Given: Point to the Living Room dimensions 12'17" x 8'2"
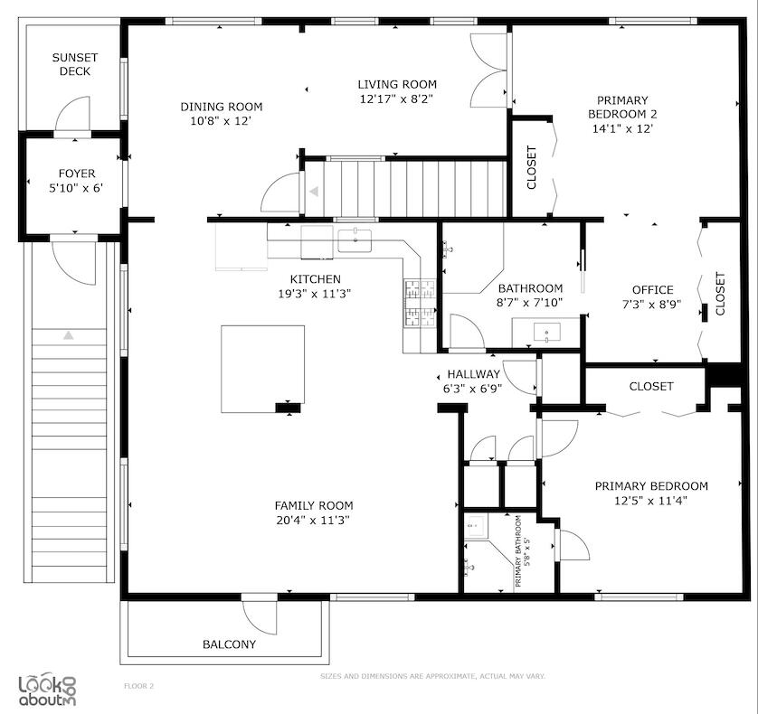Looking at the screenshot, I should tap(397, 99).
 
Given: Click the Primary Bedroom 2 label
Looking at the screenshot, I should tap(621, 100).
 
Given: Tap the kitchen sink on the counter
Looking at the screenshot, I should tap(355, 240).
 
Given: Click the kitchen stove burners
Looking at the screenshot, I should tap(420, 302).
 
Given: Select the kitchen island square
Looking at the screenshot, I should tap(262, 369).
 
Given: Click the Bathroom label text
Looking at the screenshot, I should tap(530, 288).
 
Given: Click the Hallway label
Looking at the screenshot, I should tap(473, 374).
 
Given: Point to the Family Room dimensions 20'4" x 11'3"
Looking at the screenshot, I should tap(314, 520).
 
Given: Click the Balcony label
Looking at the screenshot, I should tap(229, 644).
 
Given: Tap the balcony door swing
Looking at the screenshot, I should tap(261, 616).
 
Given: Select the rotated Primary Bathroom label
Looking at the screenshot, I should tap(520, 551).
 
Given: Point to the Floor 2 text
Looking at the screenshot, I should tap(138, 686).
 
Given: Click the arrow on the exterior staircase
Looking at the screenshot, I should tap(69, 335).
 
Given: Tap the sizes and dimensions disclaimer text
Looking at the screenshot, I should tap(432, 676).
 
